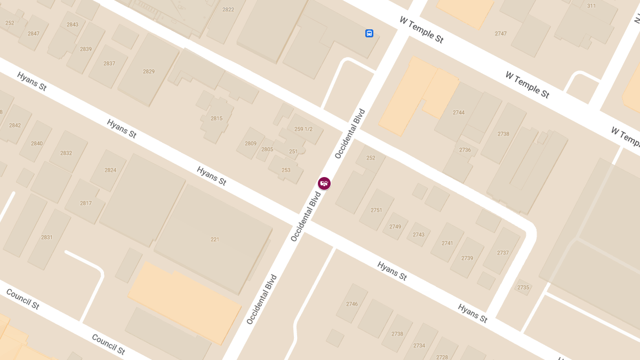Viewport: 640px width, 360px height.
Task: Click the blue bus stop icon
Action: [369, 34]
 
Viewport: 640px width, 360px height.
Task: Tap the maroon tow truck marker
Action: [324, 183]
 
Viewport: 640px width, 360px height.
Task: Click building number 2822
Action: [228, 10]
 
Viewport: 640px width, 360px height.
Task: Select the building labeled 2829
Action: [149, 71]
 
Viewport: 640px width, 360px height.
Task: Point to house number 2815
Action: [217, 118]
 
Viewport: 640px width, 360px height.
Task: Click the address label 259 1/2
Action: [303, 129]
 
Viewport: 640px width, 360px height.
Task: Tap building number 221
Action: [215, 239]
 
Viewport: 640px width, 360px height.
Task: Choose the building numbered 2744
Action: [459, 113]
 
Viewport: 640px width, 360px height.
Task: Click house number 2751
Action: [377, 210]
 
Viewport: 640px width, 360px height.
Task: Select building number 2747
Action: [500, 34]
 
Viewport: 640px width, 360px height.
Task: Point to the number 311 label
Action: [591, 6]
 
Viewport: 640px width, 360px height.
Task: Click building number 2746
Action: [352, 304]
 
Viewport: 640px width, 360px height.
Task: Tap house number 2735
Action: [523, 287]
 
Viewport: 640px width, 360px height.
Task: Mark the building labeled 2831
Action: [47, 237]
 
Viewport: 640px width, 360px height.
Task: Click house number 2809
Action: [251, 143]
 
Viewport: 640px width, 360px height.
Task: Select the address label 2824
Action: [110, 170]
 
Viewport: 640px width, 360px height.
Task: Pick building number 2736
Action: [465, 150]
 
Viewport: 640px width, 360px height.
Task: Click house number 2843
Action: [73, 25]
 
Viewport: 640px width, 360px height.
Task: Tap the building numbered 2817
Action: [86, 203]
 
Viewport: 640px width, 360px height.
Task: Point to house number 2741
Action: [447, 243]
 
